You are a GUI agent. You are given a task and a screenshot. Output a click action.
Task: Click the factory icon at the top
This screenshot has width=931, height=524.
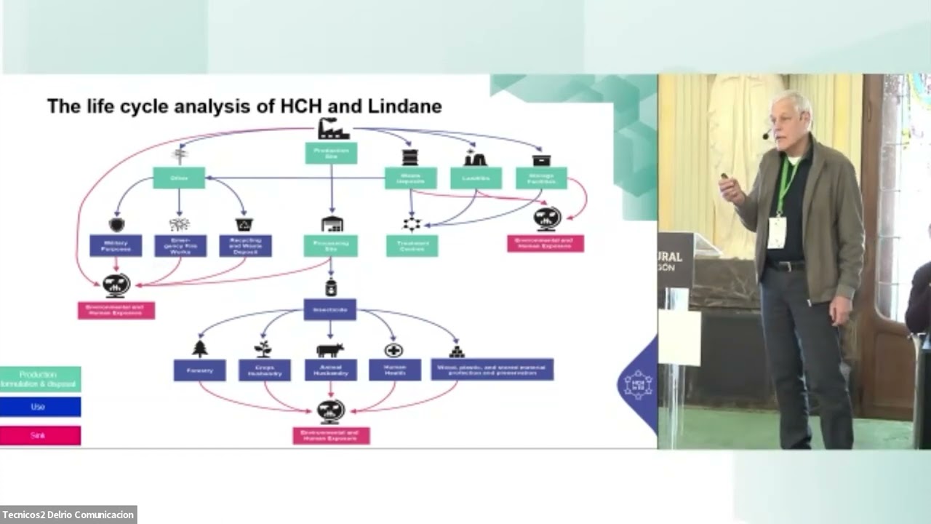click(x=333, y=129)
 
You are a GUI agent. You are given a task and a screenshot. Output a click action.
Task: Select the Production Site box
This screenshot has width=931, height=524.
click(x=331, y=153)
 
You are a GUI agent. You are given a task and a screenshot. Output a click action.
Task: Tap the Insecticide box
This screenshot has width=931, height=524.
click(x=329, y=309)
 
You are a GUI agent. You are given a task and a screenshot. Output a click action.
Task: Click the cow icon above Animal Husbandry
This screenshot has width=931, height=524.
click(x=330, y=350)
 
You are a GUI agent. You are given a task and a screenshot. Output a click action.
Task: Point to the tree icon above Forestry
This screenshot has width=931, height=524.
click(x=200, y=349)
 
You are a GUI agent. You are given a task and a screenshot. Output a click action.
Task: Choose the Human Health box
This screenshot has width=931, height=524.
click(x=394, y=370)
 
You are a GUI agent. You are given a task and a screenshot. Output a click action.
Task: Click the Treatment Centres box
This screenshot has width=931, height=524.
click(x=412, y=245)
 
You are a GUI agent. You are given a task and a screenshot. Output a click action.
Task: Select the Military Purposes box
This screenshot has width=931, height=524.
click(x=116, y=245)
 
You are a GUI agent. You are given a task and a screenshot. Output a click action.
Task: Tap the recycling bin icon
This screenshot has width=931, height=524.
click(x=244, y=224)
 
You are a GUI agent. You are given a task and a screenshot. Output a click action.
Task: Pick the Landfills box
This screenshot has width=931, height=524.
click(x=476, y=178)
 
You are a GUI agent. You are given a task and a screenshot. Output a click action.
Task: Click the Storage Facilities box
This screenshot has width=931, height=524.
click(x=541, y=178)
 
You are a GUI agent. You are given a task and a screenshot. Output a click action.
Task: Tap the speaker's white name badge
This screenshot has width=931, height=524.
click(x=777, y=232)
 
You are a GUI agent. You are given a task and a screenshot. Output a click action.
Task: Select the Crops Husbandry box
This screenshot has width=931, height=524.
click(x=265, y=370)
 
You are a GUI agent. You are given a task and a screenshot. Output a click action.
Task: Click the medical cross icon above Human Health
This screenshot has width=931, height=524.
click(x=393, y=350)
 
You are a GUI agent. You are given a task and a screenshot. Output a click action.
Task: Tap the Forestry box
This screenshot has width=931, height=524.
click(x=199, y=370)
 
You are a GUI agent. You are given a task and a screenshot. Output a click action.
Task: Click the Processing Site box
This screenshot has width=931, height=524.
click(x=331, y=245)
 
